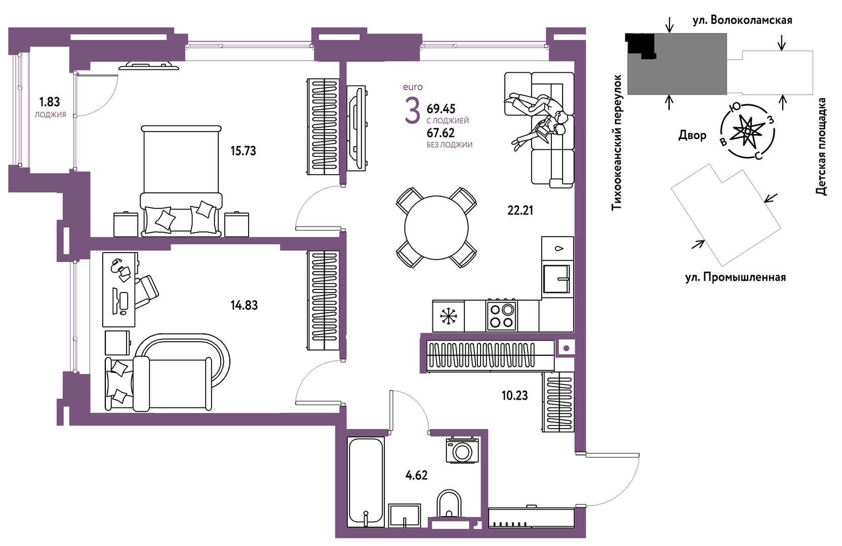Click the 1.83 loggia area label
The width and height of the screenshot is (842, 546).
50,102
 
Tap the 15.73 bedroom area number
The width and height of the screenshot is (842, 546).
243,151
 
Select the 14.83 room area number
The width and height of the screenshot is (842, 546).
245,306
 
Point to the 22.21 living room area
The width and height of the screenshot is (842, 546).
520,211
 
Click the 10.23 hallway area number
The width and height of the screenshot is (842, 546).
514,396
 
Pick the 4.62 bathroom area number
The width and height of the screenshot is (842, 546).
417,476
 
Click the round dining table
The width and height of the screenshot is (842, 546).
436,228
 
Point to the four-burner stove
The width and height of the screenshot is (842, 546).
502,315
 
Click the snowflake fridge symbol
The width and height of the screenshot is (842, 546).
448,316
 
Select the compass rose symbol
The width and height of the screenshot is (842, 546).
748,131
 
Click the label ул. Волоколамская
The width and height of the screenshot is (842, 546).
742,20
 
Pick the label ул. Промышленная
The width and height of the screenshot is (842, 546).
736,278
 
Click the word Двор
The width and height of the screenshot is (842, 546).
693,135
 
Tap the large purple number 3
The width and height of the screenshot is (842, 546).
412,110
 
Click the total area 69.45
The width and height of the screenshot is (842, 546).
441,109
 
